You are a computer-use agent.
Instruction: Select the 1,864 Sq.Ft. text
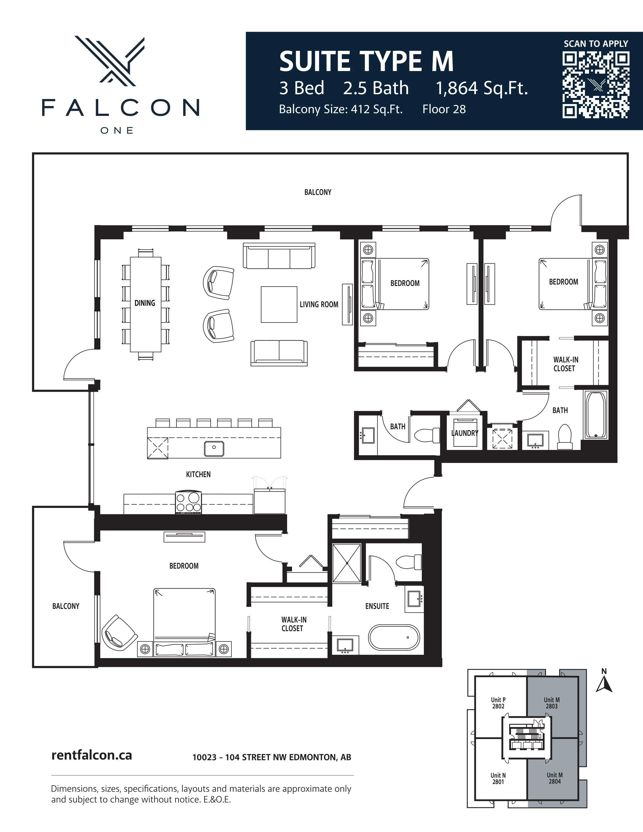coord(482,88)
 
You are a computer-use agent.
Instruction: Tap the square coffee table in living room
coord(279,304)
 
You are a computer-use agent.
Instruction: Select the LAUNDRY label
coord(464,433)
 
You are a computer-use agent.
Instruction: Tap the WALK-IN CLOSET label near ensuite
coord(293,624)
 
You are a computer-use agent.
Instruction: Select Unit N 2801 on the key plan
coord(498,778)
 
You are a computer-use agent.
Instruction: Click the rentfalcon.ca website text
coord(92,755)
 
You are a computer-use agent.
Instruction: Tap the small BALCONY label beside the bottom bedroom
coord(66,606)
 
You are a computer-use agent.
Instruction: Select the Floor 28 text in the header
coord(444,110)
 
